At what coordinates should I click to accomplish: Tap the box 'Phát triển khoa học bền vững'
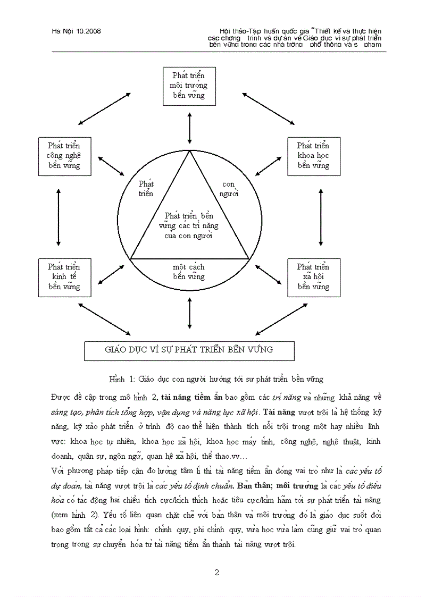coord(313,156)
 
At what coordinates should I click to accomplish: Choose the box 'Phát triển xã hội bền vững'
coord(313,277)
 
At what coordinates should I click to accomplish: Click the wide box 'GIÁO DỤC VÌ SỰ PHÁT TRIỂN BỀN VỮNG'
coord(189,350)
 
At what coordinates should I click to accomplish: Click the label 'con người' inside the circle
coord(229,189)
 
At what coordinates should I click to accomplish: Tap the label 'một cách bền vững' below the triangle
coord(189,272)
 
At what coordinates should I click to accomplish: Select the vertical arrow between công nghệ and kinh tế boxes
coord(59,217)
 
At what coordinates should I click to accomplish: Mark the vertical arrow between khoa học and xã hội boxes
coord(321,217)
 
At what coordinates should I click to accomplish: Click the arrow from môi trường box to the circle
coord(189,128)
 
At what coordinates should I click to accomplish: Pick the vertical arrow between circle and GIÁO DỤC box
coord(189,313)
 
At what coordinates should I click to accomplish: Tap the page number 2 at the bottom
coord(216,573)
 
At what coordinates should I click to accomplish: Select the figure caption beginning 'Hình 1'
coord(216,379)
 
